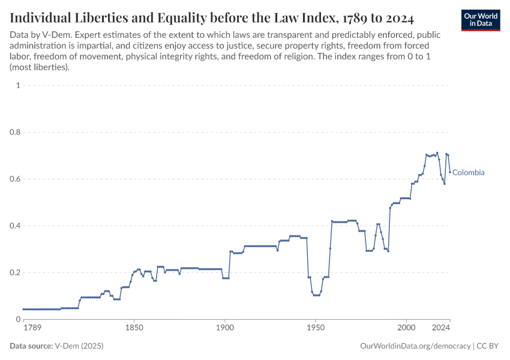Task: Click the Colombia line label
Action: [x=468, y=173]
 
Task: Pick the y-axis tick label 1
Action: [x=18, y=85]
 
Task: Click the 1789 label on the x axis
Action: [x=32, y=328]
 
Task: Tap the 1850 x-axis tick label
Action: [x=134, y=328]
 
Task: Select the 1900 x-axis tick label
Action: [x=225, y=328]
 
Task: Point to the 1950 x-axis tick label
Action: [x=316, y=328]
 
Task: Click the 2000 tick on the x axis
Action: [x=406, y=328]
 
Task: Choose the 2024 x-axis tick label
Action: [x=441, y=328]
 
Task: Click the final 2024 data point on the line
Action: [x=449, y=172]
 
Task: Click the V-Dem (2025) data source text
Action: [x=83, y=346]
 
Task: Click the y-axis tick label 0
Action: [x=18, y=319]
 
